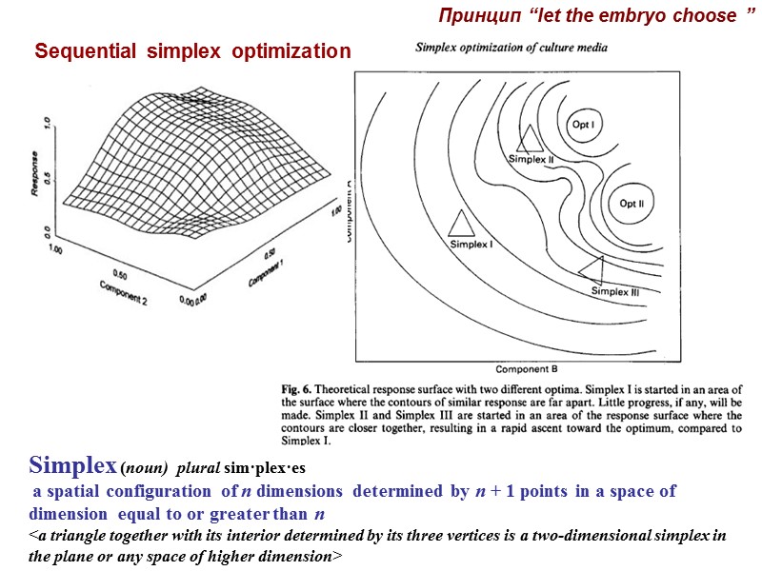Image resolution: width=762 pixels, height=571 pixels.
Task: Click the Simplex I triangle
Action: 461,223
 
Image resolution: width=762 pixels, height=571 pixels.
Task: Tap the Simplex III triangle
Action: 592,267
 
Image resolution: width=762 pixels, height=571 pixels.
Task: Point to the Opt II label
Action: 632,203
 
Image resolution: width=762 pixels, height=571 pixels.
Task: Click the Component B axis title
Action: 526,367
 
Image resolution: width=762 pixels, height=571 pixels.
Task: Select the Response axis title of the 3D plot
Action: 35,178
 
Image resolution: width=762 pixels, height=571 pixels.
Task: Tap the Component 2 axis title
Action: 123,292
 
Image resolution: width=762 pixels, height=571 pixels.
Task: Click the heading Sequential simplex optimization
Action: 192,51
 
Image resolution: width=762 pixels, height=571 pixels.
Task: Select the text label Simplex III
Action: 615,291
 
